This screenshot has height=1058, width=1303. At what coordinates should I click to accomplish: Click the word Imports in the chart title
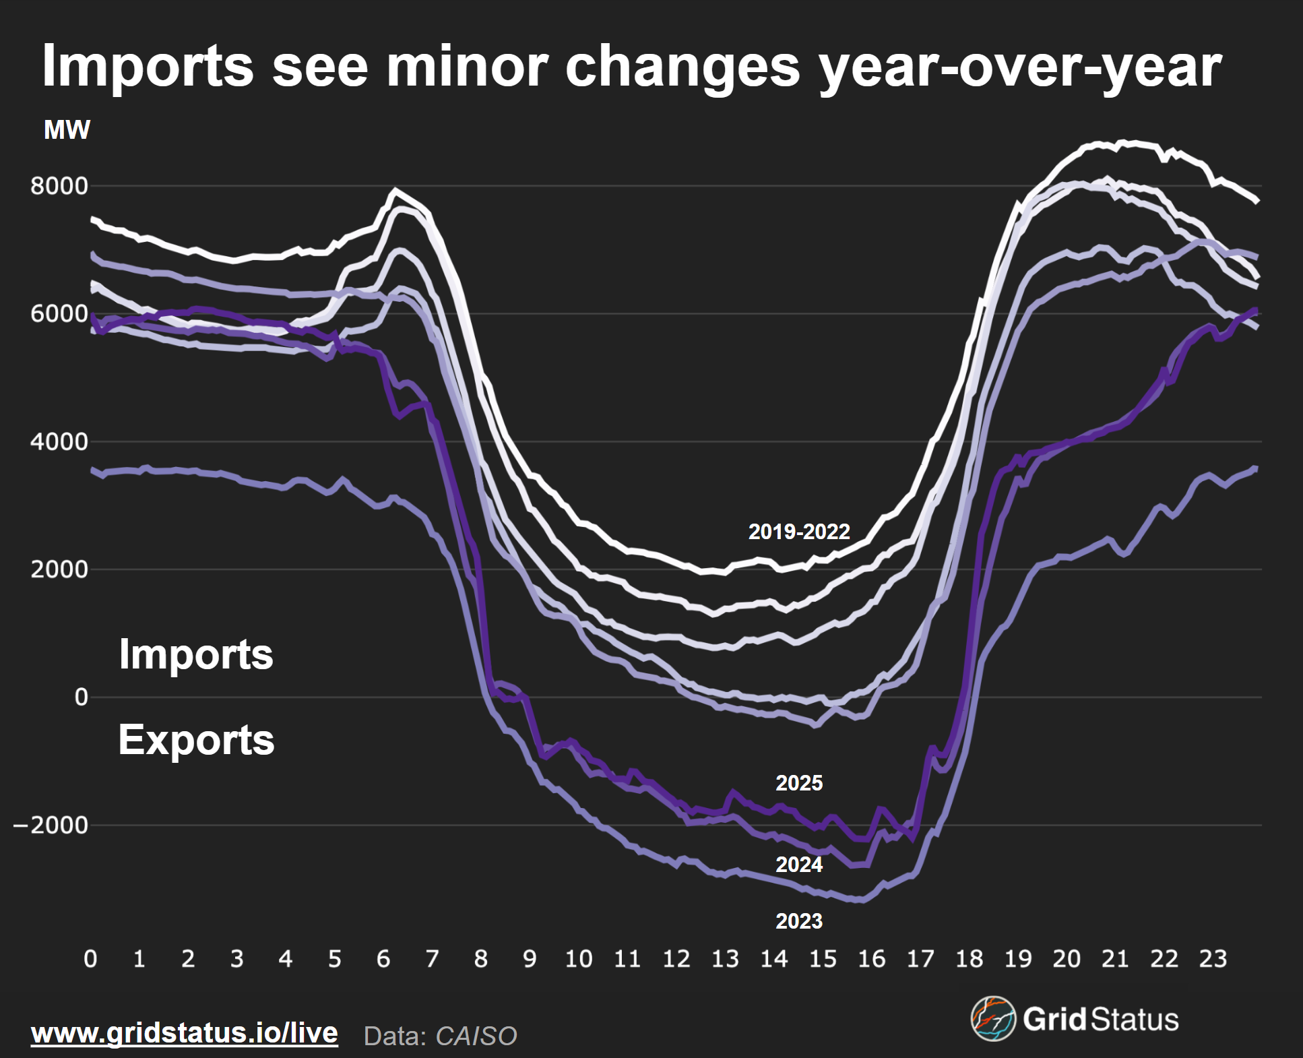(148, 66)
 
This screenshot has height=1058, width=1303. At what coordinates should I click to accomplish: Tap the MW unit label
(67, 130)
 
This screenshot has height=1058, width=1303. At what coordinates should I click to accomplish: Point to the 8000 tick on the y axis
(59, 186)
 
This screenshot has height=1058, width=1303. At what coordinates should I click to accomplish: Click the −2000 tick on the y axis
(51, 825)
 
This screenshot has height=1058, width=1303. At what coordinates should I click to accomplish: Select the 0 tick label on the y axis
(81, 697)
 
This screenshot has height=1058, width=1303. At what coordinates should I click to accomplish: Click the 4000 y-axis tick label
(59, 442)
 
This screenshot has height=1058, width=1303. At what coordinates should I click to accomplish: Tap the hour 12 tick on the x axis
(676, 958)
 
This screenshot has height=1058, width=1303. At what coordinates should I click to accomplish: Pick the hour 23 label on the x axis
(1213, 958)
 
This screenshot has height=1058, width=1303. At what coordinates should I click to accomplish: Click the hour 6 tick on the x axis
(383, 958)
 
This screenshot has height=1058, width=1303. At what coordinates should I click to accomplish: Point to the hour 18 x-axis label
(969, 958)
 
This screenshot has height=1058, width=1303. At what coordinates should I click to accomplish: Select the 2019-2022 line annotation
(799, 532)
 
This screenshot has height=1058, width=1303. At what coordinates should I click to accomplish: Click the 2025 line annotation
(799, 783)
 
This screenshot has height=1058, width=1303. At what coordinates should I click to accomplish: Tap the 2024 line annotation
(799, 865)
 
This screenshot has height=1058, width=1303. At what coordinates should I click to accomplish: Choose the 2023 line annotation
(799, 921)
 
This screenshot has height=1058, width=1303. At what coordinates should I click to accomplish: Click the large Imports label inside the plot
(196, 654)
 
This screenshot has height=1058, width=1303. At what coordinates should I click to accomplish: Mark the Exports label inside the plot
(196, 740)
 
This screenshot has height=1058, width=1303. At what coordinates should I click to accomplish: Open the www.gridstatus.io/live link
(185, 1033)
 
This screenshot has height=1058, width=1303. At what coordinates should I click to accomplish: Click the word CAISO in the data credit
(476, 1036)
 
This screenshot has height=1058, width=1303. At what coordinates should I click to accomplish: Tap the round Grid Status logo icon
(992, 1018)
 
